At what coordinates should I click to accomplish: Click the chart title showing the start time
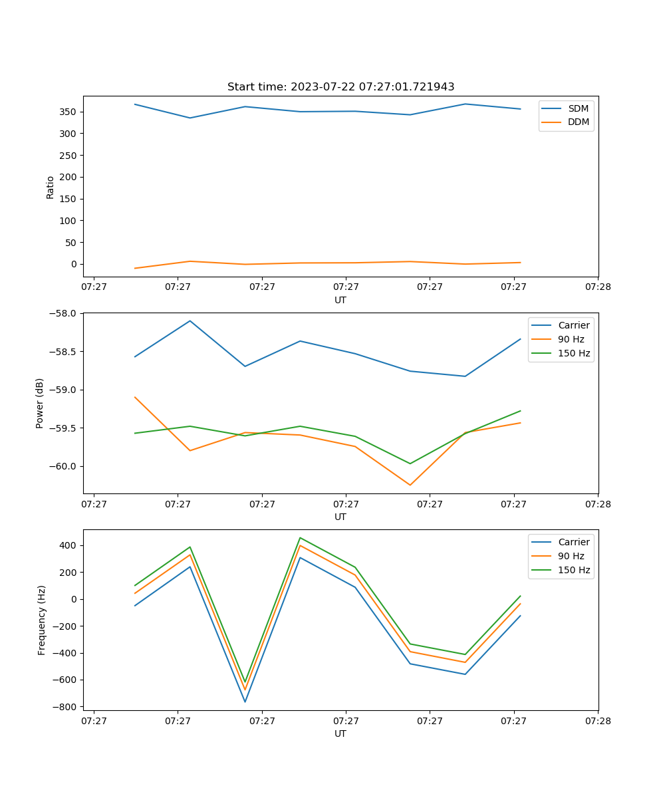tap(340, 87)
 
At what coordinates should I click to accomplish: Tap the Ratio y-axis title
tap(51, 187)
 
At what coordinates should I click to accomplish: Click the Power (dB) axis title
tap(40, 403)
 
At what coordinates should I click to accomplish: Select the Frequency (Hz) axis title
tap(41, 620)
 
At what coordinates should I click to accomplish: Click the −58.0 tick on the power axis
tap(63, 313)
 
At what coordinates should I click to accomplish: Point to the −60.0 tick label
tap(63, 466)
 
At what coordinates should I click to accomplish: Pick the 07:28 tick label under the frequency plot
tap(597, 720)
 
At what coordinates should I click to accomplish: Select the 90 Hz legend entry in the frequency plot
tap(571, 556)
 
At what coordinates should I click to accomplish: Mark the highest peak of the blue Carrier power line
tap(190, 321)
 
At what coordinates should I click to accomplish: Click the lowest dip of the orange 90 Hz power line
tap(410, 485)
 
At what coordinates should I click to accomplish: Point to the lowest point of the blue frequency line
tap(245, 702)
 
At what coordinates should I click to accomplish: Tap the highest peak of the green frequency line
tap(300, 537)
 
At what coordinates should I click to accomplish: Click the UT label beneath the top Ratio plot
tap(340, 300)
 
